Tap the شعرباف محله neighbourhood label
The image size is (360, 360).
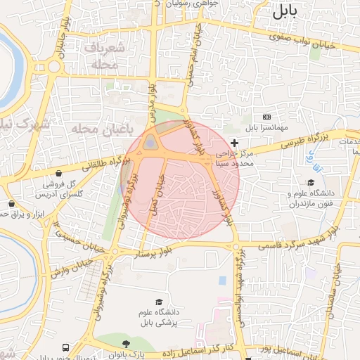pyautogui.click(x=107, y=56)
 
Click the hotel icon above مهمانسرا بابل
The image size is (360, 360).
pyautogui.click(x=266, y=116)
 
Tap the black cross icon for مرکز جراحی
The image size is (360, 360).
pyautogui.click(x=235, y=143)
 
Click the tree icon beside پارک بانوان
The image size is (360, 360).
pyautogui.click(x=126, y=344)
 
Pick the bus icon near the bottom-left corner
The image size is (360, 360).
pyautogui.click(x=65, y=348)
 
